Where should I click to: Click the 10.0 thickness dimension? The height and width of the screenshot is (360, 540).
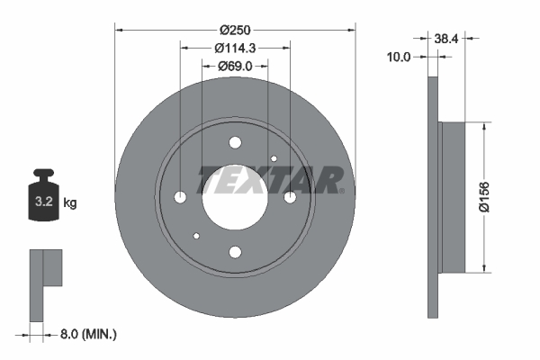(x=398, y=57)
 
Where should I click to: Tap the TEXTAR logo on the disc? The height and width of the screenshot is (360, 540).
(x=270, y=180)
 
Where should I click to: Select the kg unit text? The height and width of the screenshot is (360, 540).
(x=70, y=203)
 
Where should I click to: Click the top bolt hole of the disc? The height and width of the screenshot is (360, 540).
(x=235, y=142)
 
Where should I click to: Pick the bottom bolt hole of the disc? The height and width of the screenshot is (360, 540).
(x=235, y=252)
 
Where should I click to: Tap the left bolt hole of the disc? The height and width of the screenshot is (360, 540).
(x=180, y=197)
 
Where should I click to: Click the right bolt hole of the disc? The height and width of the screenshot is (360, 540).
(x=290, y=197)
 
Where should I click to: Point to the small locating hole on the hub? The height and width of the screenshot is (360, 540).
(x=196, y=236)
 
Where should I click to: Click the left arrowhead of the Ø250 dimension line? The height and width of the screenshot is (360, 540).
(x=120, y=31)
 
